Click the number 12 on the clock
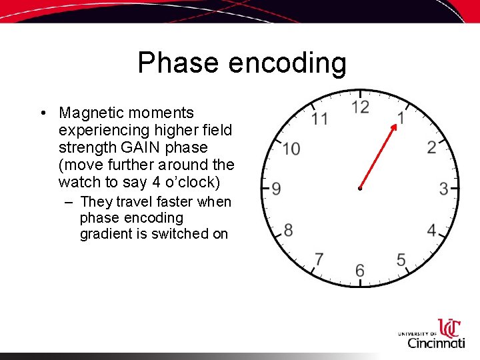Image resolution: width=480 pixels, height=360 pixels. coord(360,107)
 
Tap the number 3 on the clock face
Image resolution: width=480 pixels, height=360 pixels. coord(443,189)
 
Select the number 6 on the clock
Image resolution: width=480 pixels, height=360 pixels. coord(360,271)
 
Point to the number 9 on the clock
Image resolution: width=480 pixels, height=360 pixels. coord(276,189)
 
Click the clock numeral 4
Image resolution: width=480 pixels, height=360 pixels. coord(432,231)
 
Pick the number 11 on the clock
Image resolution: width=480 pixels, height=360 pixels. coord(319,119)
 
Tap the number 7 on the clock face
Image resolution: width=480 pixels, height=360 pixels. coord(319,259)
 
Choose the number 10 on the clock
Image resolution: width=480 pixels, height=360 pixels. coord(291,148)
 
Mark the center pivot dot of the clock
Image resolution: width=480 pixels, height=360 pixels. coord(360,189)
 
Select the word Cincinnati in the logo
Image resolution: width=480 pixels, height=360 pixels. coord(436,343)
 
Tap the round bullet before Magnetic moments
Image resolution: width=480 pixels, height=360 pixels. coord(42,113)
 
